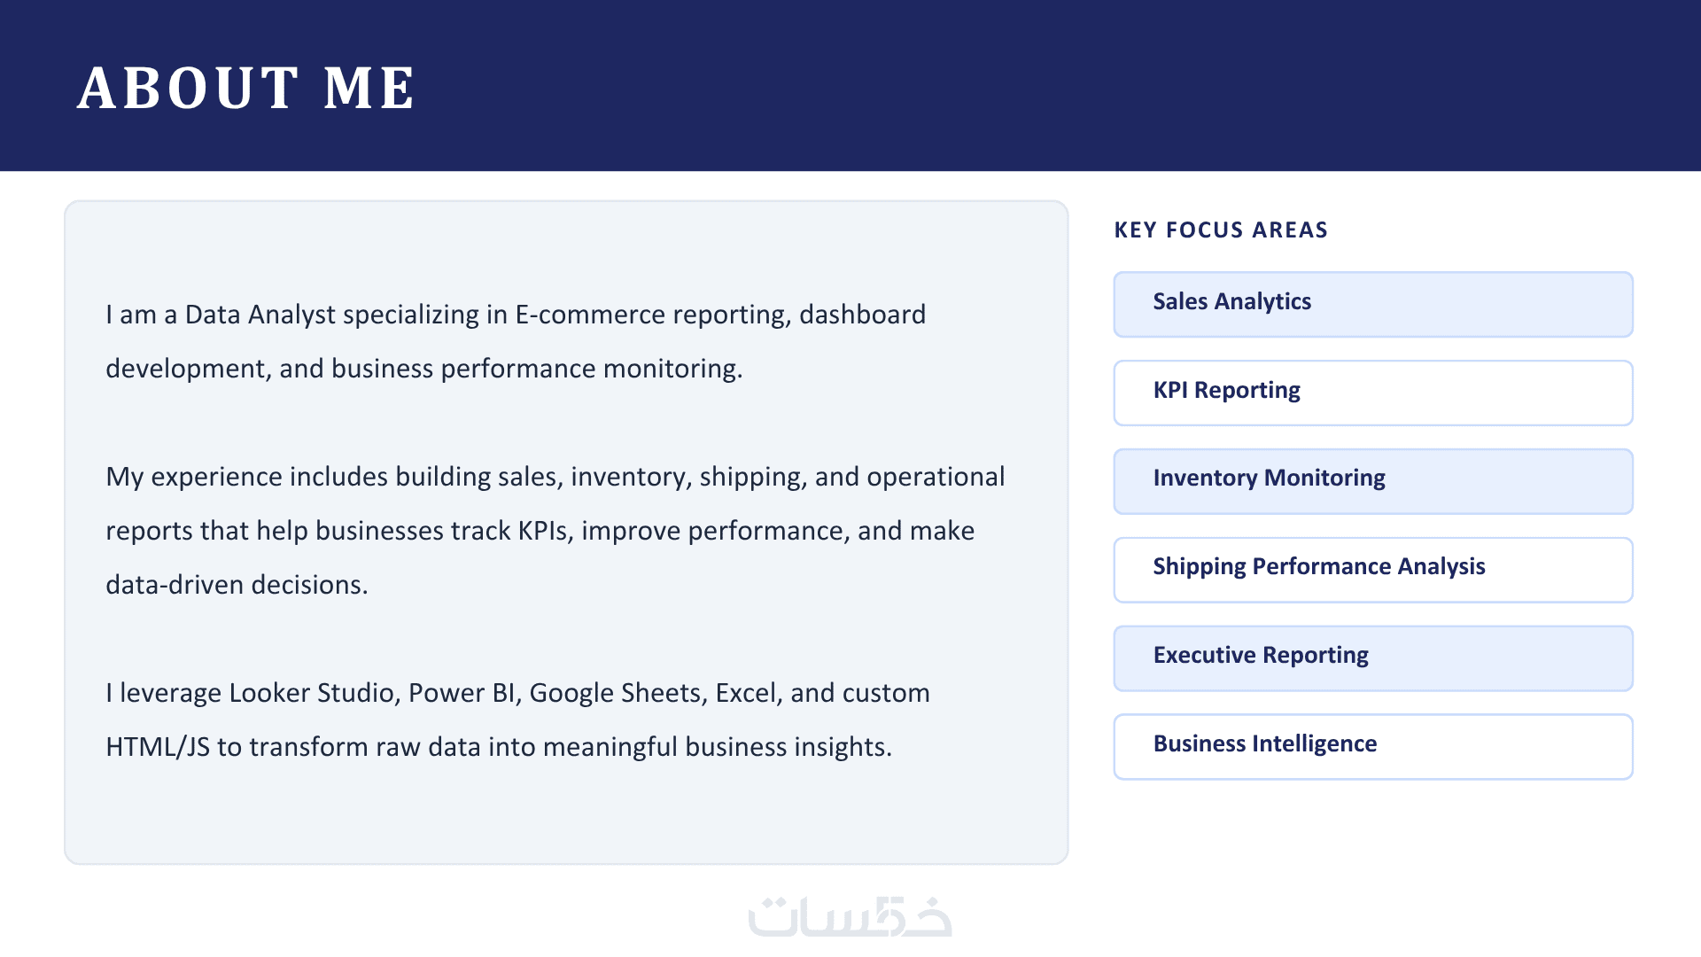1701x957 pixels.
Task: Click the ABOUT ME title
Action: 245,88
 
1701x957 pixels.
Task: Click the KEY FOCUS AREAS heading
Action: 1221,230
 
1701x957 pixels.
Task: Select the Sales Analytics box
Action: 1373,304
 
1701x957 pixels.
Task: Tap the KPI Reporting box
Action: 1373,393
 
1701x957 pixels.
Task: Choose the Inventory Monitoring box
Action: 1373,481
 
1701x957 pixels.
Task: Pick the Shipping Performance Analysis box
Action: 1373,570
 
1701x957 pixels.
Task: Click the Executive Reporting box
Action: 1373,658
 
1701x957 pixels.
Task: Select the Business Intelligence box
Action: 1373,747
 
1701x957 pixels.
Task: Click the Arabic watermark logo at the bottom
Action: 850,917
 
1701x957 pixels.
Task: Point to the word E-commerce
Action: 590,315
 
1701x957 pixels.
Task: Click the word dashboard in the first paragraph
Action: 862,315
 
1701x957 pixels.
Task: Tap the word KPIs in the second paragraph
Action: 546,531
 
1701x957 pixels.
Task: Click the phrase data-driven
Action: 175,585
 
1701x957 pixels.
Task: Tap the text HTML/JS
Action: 158,748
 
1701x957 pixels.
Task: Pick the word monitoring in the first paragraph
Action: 670,370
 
